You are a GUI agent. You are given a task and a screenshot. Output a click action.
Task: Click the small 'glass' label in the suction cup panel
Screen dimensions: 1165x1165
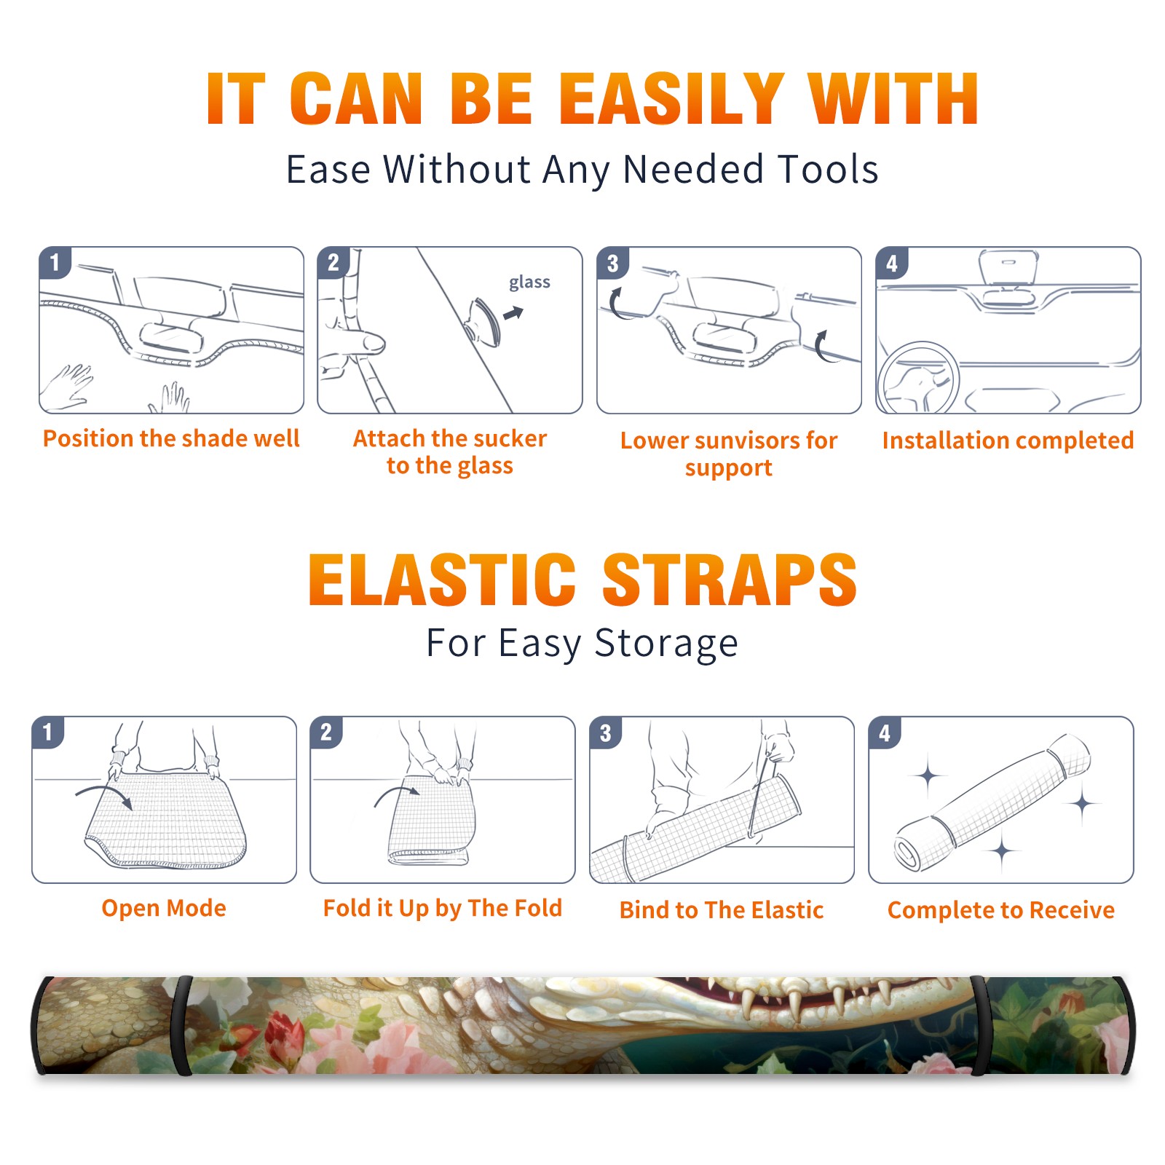click(529, 282)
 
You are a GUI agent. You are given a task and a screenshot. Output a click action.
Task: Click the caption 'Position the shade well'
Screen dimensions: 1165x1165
click(171, 438)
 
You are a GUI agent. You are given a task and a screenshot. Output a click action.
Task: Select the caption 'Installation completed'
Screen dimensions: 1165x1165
click(1008, 441)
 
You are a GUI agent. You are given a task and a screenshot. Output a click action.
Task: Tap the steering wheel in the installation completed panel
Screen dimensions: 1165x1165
click(918, 378)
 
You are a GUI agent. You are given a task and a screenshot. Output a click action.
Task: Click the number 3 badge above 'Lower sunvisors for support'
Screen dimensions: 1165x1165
click(612, 263)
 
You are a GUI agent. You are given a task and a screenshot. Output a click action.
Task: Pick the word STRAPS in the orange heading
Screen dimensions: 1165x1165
click(730, 580)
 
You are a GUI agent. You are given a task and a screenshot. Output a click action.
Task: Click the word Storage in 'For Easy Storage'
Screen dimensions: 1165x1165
click(666, 644)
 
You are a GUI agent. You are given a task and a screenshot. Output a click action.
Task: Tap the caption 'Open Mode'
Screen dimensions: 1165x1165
click(164, 908)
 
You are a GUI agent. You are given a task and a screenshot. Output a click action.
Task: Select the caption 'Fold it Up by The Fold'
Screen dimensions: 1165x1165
click(443, 908)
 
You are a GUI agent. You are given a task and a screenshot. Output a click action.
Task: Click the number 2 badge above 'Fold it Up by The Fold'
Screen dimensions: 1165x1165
click(325, 732)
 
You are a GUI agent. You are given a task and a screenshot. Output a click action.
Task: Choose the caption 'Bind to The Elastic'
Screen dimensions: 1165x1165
click(722, 910)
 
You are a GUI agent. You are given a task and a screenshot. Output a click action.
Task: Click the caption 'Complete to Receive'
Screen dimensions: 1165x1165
click(1001, 910)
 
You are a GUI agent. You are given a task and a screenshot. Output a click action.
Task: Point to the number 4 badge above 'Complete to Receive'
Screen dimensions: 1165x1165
click(885, 732)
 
